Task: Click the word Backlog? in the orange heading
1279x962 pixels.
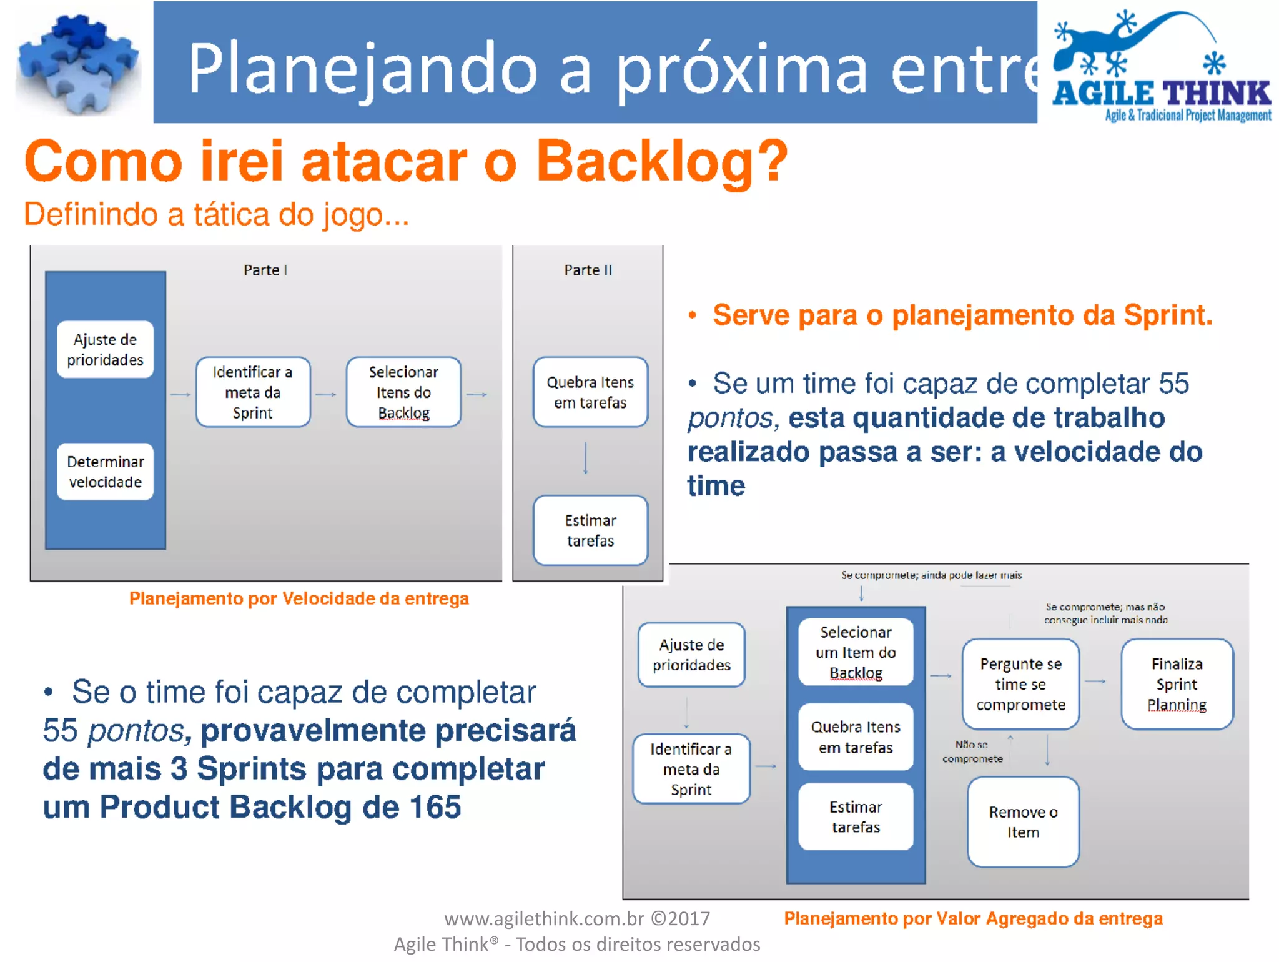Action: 662,161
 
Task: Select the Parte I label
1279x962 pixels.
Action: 265,270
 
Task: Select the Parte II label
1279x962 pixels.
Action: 588,270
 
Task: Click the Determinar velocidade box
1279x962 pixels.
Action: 105,472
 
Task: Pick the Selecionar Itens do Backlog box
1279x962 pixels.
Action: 403,392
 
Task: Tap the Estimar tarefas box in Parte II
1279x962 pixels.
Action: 590,530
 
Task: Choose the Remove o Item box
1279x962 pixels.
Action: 1022,822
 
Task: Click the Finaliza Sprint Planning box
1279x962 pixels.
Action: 1177,684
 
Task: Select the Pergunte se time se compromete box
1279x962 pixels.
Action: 1020,684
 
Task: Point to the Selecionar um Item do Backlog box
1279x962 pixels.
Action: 856,652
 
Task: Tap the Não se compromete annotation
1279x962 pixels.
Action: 972,751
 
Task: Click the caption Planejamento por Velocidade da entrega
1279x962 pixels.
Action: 299,598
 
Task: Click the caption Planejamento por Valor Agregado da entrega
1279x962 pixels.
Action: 973,918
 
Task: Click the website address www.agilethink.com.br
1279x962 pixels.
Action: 544,918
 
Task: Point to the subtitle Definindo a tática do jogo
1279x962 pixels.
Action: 216,214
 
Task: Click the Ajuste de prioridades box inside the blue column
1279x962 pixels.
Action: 105,350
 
